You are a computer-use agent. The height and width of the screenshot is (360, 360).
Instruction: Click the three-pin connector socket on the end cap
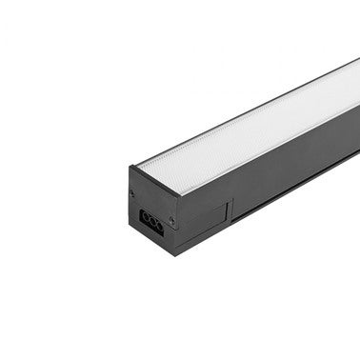[x=151, y=218]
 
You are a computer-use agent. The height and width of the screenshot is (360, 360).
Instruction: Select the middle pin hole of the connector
[x=151, y=219]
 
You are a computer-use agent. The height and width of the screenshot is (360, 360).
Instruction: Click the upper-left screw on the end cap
[x=131, y=193]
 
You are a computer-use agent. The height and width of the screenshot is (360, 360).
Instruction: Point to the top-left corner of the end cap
[x=129, y=168]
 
